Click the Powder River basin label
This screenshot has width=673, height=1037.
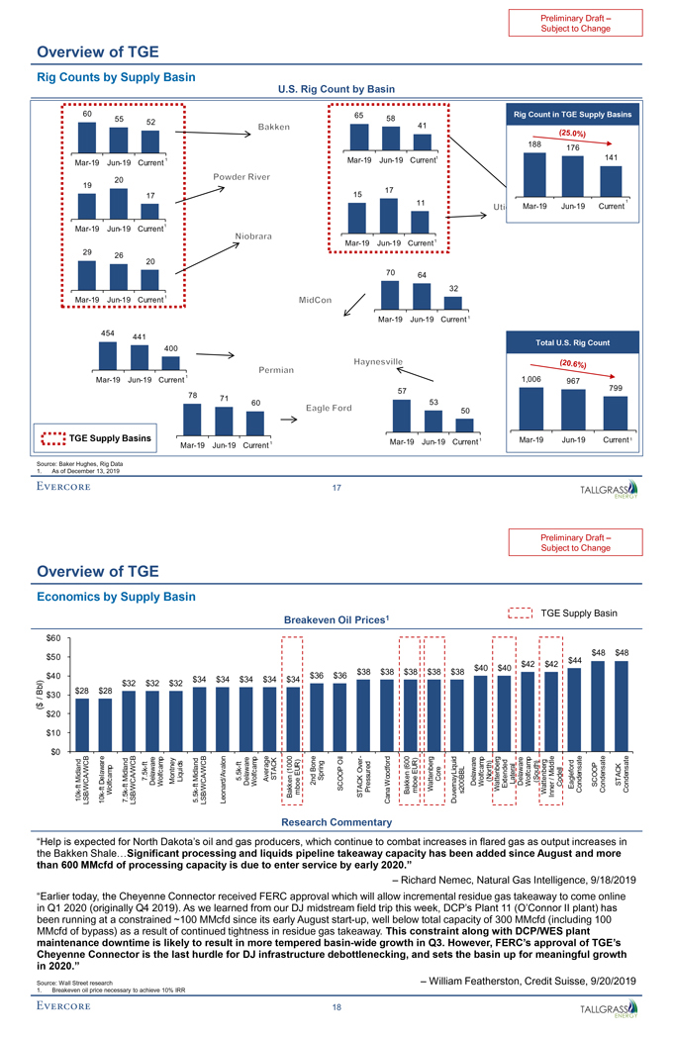point(241,177)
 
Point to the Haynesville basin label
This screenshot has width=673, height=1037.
point(373,360)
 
